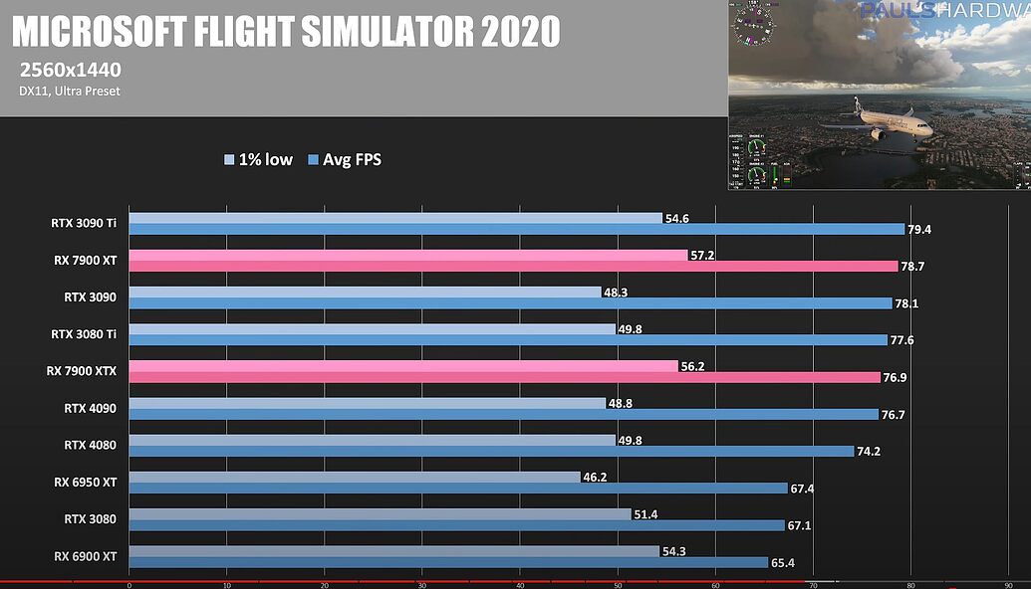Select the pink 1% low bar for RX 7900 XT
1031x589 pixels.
click(408, 256)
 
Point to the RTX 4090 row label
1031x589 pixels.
click(90, 408)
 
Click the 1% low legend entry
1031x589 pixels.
click(258, 159)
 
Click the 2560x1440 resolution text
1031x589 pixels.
click(69, 70)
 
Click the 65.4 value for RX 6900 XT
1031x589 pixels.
click(783, 563)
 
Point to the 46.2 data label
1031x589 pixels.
click(596, 478)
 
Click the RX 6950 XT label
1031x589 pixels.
click(86, 483)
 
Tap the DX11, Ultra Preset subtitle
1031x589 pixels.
click(69, 92)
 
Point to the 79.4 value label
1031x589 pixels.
click(918, 230)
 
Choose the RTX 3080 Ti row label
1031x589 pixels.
click(84, 334)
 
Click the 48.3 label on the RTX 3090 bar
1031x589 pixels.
click(616, 293)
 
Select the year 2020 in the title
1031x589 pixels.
click(520, 34)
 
